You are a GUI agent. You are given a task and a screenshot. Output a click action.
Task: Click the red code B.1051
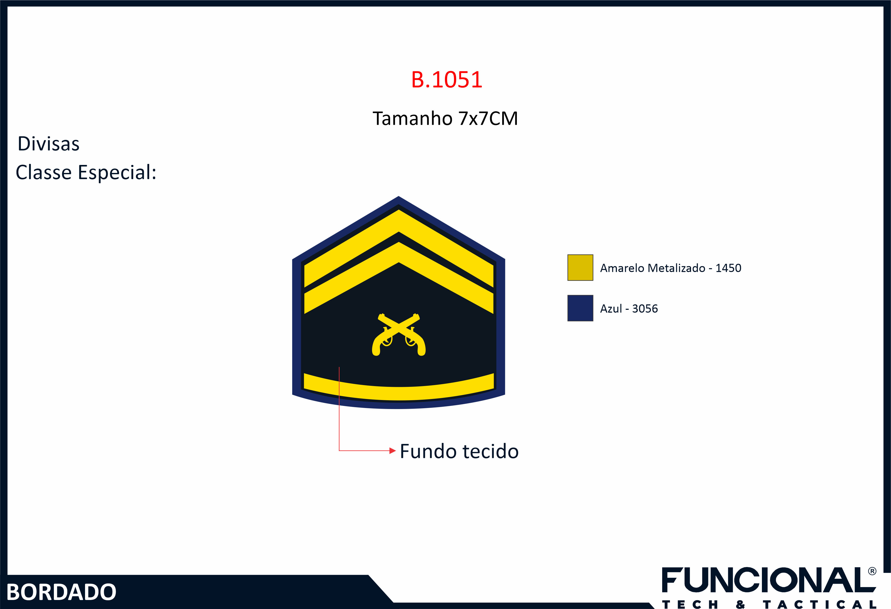pos(446,80)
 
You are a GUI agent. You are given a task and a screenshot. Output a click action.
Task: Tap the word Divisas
pos(49,144)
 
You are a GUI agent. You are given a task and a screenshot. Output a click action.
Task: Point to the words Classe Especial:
pos(86,172)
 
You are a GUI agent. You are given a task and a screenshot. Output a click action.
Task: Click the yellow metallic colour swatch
pos(580,268)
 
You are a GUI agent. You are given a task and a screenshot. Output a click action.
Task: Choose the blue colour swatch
pos(580,308)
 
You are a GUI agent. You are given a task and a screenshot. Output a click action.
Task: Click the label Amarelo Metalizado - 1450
pos(670,268)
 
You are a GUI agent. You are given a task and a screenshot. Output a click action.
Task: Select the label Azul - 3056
pos(629,309)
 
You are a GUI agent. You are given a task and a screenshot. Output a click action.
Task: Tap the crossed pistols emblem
pos(399,335)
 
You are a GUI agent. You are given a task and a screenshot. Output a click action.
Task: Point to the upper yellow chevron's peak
pos(399,210)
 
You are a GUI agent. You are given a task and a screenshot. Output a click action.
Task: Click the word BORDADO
pos(61,592)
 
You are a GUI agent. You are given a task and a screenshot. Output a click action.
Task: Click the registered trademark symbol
pos(872,571)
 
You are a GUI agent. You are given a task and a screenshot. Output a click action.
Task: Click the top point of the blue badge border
pos(399,197)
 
